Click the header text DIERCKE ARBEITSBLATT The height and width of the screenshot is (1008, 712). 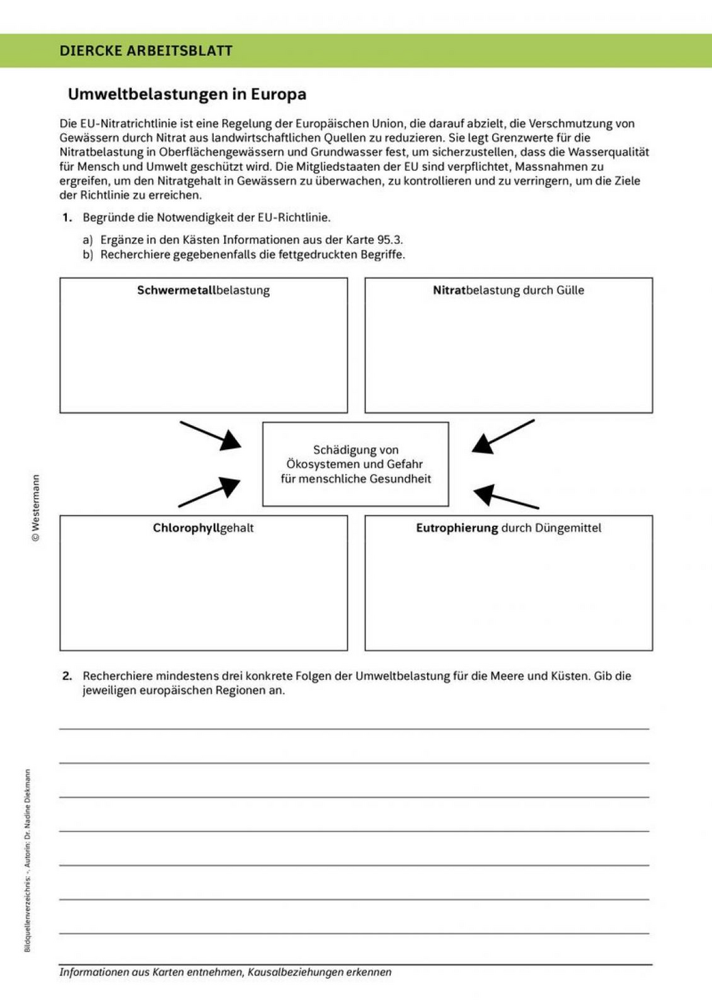[146, 51]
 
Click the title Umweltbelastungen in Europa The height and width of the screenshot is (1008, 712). [187, 94]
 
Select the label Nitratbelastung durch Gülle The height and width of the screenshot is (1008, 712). [508, 290]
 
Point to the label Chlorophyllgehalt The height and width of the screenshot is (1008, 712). [203, 528]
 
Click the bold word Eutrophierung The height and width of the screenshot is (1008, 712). [456, 528]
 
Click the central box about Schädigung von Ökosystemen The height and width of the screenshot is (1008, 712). [355, 464]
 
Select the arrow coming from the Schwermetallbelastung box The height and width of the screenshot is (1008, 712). [211, 435]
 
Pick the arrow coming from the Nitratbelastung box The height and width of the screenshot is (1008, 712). [503, 436]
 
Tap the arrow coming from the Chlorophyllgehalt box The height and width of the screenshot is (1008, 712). [209, 492]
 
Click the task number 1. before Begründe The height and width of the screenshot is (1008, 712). [67, 218]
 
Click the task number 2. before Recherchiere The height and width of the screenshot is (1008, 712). [67, 676]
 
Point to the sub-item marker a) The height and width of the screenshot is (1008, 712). [88, 240]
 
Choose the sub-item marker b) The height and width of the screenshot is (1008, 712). [88, 255]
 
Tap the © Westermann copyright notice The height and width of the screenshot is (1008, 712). [36, 508]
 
